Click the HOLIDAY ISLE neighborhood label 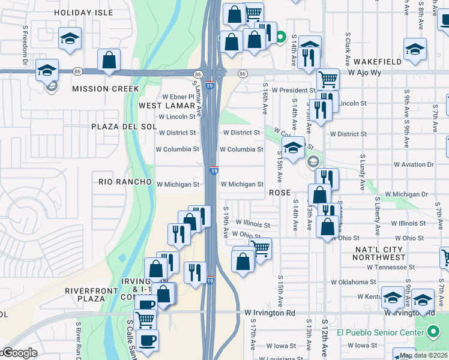tap(83, 12)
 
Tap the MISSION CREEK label tap(105, 89)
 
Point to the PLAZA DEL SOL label tap(124, 127)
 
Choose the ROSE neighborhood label tap(280, 193)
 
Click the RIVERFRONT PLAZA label tap(85, 295)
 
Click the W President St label tap(293, 90)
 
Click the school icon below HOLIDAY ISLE tap(70, 39)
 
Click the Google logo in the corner tap(19, 353)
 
